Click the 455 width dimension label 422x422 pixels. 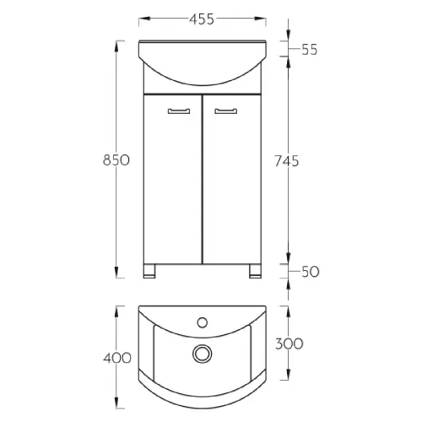(202, 19)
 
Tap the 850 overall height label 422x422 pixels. (116, 160)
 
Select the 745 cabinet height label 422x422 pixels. (287, 161)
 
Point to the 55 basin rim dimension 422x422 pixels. (310, 50)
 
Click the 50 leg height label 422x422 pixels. (311, 272)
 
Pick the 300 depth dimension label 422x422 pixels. (289, 344)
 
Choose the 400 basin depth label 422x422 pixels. (117, 358)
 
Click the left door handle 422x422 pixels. (179, 111)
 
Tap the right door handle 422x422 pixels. (226, 111)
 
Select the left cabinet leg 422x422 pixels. (149, 271)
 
